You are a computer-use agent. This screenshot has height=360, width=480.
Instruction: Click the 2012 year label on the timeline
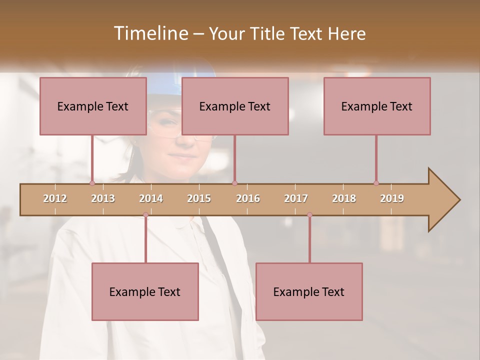click(55, 198)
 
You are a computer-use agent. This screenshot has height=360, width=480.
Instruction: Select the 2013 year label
click(103, 198)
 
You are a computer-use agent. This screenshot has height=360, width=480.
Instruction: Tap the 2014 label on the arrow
click(151, 198)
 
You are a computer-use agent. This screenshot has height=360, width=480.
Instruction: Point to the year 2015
click(199, 198)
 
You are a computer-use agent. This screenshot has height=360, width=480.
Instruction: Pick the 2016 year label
click(248, 198)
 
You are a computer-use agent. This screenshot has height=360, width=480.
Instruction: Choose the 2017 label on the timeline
click(296, 198)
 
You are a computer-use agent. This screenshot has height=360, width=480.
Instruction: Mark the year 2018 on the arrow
click(344, 198)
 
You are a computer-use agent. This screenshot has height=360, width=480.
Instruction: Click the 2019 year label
click(392, 198)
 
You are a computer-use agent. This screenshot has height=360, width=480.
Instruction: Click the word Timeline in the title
click(150, 33)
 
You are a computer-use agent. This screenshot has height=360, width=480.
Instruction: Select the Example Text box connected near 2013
click(93, 106)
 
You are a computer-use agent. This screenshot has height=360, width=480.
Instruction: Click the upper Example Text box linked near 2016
click(235, 106)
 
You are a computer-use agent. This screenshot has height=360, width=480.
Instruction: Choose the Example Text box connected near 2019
click(377, 106)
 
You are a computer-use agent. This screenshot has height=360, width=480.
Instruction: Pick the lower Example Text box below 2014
click(145, 291)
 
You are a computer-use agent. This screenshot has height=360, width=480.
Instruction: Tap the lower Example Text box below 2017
click(309, 291)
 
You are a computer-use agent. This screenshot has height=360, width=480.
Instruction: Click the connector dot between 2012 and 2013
click(92, 183)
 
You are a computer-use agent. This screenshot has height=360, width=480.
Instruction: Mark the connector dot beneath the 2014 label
click(145, 215)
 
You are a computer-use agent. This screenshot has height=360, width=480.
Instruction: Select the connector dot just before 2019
click(376, 183)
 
